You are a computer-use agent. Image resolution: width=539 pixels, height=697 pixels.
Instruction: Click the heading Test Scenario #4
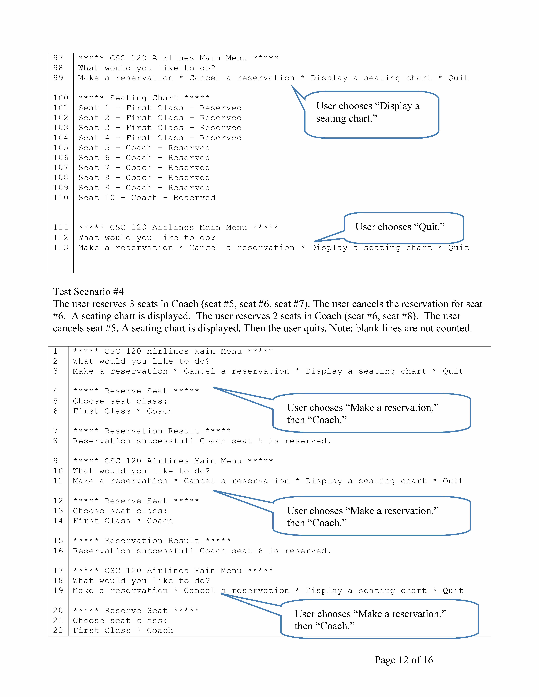[88, 292]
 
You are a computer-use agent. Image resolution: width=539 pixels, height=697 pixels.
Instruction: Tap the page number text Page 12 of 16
[404, 660]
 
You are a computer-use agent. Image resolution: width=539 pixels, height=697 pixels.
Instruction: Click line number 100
[61, 98]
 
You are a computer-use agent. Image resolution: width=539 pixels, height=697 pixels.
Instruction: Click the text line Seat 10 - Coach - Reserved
[147, 198]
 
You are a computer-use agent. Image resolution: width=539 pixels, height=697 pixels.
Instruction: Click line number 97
[58, 58]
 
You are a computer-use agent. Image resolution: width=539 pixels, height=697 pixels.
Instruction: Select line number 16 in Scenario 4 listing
[58, 551]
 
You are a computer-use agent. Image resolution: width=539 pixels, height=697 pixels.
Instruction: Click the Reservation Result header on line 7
[152, 431]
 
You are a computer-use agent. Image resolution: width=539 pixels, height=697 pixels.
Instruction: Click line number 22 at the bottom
[58, 631]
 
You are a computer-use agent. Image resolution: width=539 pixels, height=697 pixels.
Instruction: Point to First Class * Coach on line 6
[123, 411]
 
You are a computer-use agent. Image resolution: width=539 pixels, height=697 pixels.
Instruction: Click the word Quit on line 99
[458, 78]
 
